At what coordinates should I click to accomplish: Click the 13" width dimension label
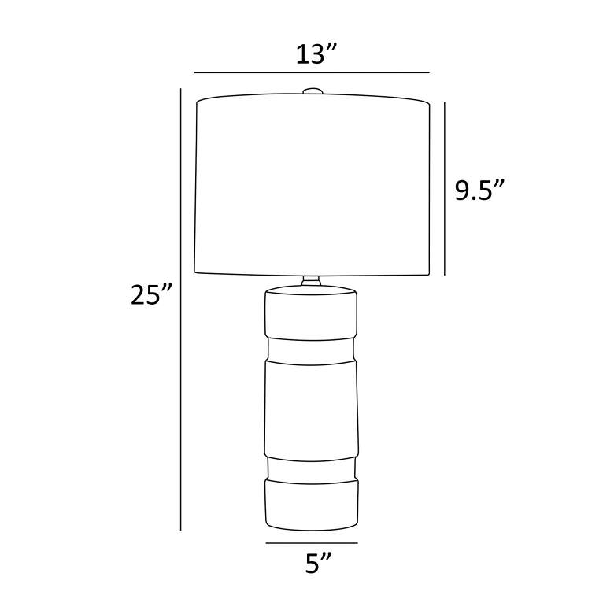click(x=316, y=54)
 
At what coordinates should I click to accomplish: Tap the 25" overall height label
click(x=151, y=294)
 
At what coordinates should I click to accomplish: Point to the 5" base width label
click(x=318, y=564)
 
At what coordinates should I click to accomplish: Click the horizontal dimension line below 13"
click(x=312, y=72)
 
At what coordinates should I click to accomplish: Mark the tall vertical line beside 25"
click(x=180, y=309)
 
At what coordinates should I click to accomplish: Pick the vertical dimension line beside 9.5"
click(x=445, y=189)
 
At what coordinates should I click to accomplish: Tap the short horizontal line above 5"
click(x=312, y=542)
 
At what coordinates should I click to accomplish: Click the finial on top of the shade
click(x=312, y=91)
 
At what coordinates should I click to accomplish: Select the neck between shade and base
click(x=311, y=281)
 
